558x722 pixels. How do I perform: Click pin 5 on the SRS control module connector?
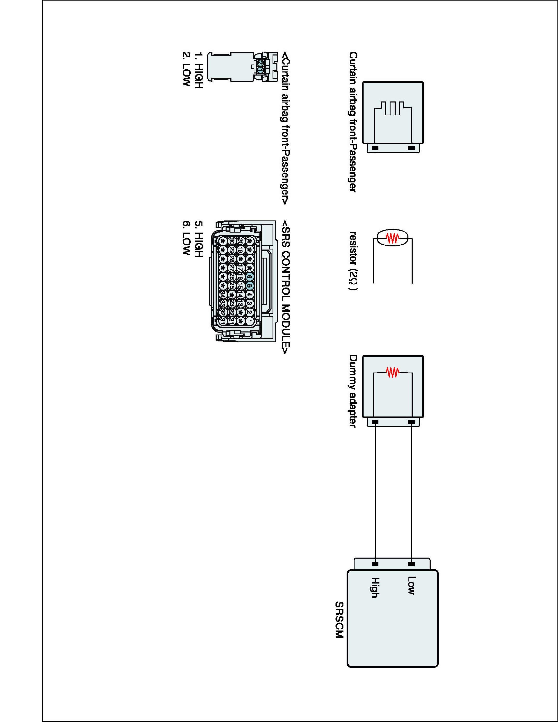(250, 286)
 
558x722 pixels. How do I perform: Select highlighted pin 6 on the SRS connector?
(250, 277)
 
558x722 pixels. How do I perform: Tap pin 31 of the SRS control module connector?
(223, 321)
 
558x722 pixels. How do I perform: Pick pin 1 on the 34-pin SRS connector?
(250, 321)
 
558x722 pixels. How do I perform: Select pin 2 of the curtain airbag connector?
(260, 63)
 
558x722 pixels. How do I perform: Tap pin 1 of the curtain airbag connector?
(260, 70)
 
